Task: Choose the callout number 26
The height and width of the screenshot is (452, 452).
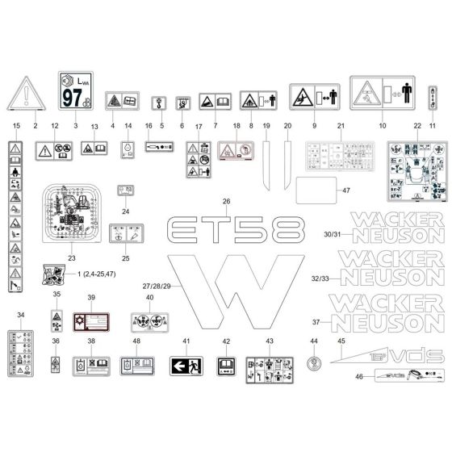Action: click(x=227, y=201)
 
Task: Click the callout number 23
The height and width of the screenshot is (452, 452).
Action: click(x=71, y=258)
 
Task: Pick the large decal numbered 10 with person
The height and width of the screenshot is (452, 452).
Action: click(x=382, y=94)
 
